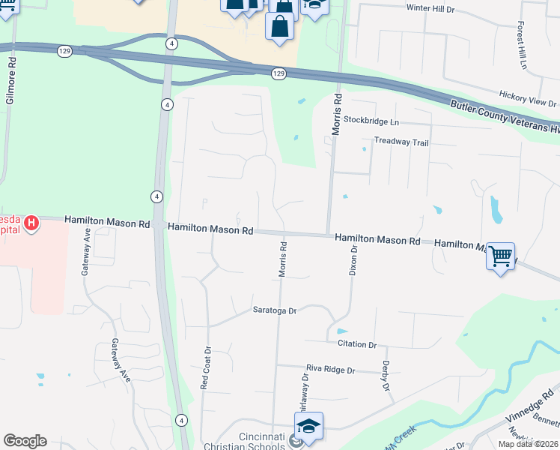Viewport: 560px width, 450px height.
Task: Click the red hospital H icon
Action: click(31, 223)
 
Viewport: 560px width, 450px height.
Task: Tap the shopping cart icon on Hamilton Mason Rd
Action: click(500, 256)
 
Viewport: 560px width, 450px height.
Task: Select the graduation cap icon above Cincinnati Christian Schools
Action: click(308, 427)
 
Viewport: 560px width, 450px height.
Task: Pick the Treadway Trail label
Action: click(401, 141)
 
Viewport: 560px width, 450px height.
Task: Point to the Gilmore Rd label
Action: click(10, 83)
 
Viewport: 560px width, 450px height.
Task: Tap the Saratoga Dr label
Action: click(274, 310)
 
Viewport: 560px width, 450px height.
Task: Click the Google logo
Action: click(25, 441)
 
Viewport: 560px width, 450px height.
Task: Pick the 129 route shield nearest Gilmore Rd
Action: click(64, 50)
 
